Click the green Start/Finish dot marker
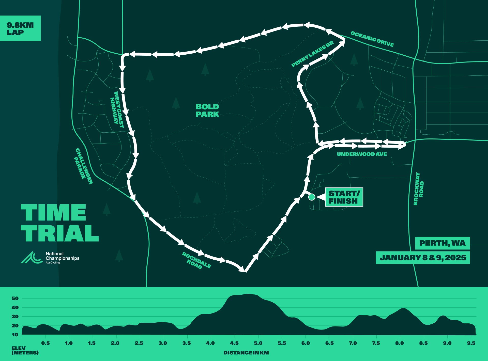(312, 197)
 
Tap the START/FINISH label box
(344, 197)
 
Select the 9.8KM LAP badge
(20, 28)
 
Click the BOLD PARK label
(207, 111)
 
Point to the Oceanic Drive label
(372, 39)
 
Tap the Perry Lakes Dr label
(312, 54)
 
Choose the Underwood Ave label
(362, 154)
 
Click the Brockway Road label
(418, 189)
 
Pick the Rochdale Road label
(196, 261)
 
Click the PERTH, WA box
(442, 243)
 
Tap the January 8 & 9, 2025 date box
(423, 258)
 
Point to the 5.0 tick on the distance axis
(258, 343)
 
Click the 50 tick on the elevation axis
(15, 298)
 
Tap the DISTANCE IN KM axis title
(246, 353)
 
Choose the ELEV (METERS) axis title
(25, 350)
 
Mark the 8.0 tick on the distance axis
(400, 343)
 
